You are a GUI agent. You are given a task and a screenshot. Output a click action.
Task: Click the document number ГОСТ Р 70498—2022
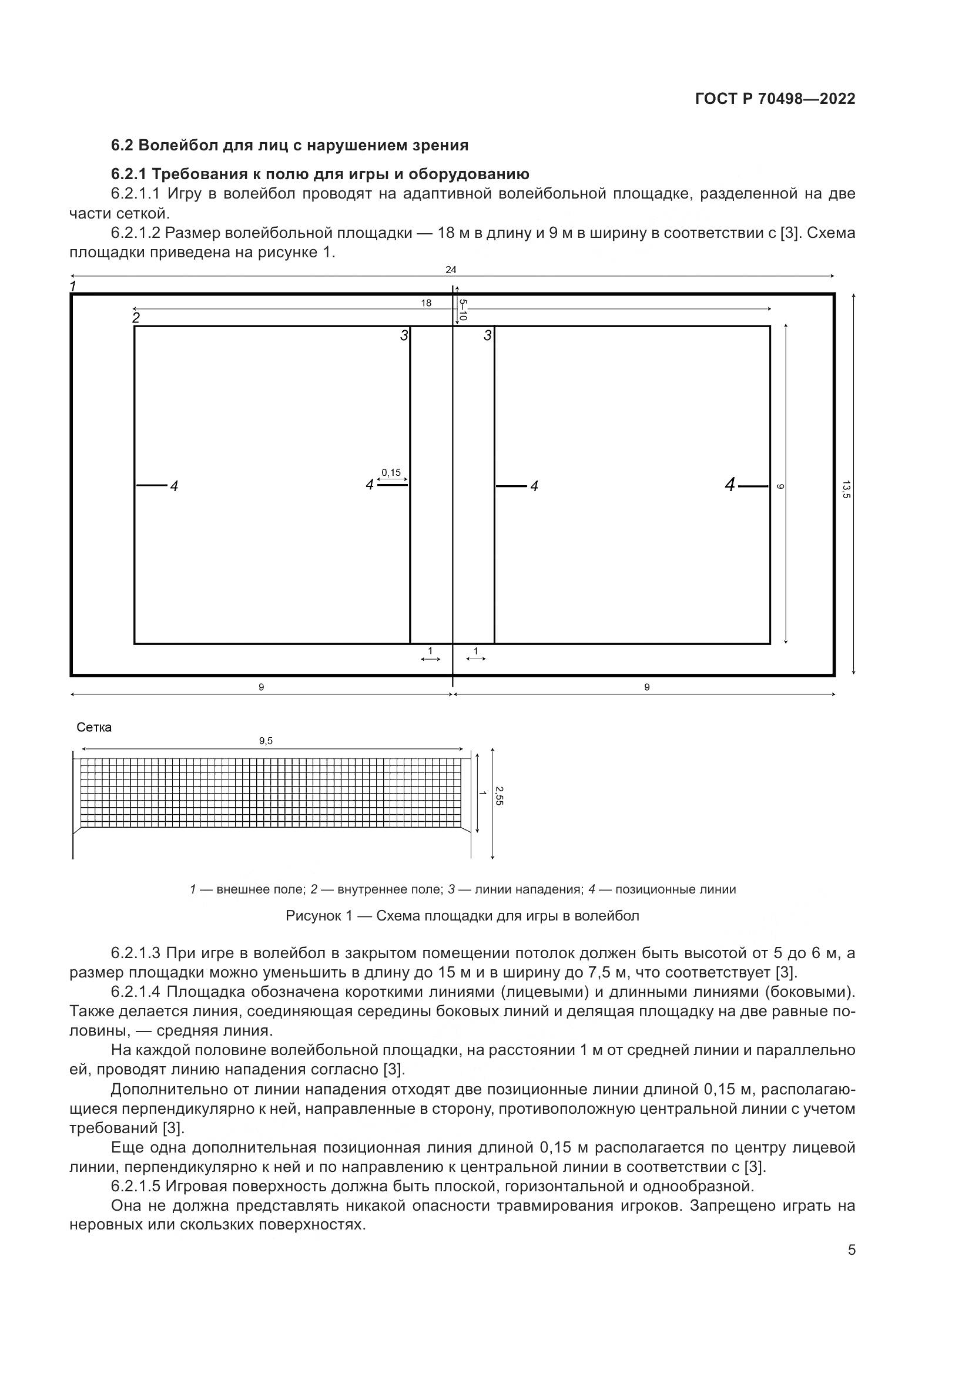point(775,99)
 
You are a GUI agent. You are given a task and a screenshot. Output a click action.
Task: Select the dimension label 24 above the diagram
point(451,270)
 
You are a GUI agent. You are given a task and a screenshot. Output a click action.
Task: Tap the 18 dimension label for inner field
point(425,303)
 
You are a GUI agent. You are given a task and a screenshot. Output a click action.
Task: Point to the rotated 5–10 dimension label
point(462,310)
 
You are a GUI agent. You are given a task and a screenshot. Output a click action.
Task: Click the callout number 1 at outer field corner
point(73,286)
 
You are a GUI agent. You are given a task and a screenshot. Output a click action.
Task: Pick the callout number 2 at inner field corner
point(136,318)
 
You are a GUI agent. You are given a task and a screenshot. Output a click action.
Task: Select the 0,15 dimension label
point(391,472)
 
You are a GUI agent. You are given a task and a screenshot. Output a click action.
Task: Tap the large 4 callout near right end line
point(730,485)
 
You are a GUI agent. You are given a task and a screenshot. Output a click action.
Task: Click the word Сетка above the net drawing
point(94,727)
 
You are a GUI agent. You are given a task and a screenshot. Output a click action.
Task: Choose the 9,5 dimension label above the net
point(266,741)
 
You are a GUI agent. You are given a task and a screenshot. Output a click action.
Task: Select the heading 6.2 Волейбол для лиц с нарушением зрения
point(290,146)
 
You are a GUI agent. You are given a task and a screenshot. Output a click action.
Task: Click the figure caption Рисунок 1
point(462,916)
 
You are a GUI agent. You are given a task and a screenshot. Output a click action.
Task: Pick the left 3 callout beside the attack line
point(404,336)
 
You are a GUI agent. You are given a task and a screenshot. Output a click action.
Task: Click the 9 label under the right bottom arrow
point(646,687)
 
